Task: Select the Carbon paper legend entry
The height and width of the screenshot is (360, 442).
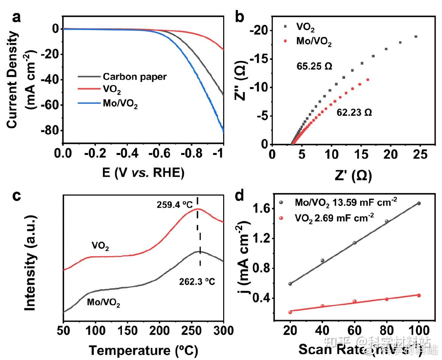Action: click(134, 77)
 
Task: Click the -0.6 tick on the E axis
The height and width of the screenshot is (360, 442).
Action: click(159, 153)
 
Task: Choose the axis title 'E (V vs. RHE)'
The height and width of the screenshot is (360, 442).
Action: click(143, 172)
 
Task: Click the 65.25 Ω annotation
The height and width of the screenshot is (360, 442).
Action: click(314, 66)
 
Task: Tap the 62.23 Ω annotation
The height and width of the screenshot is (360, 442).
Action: click(354, 113)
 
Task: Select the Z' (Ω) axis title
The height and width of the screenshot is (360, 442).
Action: click(353, 175)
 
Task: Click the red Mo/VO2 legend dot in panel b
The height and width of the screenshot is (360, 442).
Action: click(285, 41)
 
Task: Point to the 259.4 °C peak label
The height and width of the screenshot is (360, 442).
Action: click(175, 204)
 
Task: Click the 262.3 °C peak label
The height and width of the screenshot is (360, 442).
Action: click(197, 282)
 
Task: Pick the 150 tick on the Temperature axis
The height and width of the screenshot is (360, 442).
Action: click(128, 331)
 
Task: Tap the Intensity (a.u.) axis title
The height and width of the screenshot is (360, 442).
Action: click(30, 263)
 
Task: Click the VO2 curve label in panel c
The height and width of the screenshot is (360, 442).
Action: click(100, 247)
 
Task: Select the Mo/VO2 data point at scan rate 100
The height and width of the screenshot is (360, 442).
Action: click(419, 203)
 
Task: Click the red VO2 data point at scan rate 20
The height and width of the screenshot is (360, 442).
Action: click(290, 312)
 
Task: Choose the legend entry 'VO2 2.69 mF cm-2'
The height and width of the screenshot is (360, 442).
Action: click(334, 218)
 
